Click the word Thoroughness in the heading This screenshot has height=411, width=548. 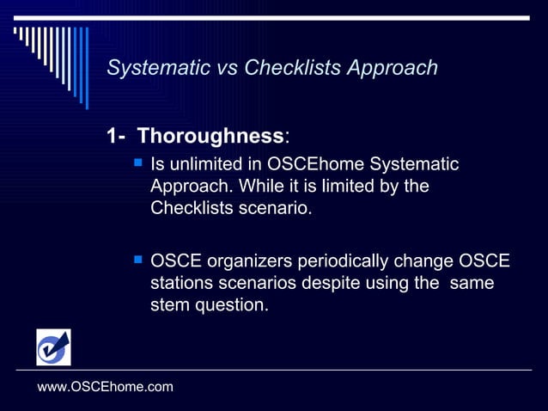pyautogui.click(x=210, y=136)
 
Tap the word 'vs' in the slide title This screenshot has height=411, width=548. pyautogui.click(x=226, y=68)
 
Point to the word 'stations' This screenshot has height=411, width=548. pyautogui.click(x=181, y=283)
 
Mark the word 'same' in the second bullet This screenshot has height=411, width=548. pyautogui.click(x=472, y=283)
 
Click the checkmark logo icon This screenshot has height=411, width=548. pyautogui.click(x=53, y=347)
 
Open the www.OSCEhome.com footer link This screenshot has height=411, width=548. pyautogui.click(x=106, y=387)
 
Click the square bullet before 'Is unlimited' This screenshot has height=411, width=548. pyautogui.click(x=137, y=163)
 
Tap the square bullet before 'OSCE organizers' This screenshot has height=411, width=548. pyautogui.click(x=137, y=260)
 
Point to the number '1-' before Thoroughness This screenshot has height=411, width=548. pyautogui.click(x=117, y=136)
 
